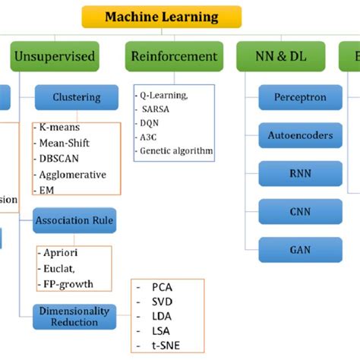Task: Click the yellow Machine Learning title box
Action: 161,17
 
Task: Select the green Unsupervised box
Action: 54,57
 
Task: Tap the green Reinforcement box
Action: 174,57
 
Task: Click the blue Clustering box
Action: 77,97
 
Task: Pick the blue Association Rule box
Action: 74,222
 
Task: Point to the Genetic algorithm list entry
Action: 176,151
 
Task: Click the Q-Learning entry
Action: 164,96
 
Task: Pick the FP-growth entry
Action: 68,284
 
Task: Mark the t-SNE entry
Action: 166,346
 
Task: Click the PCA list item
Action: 162,288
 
